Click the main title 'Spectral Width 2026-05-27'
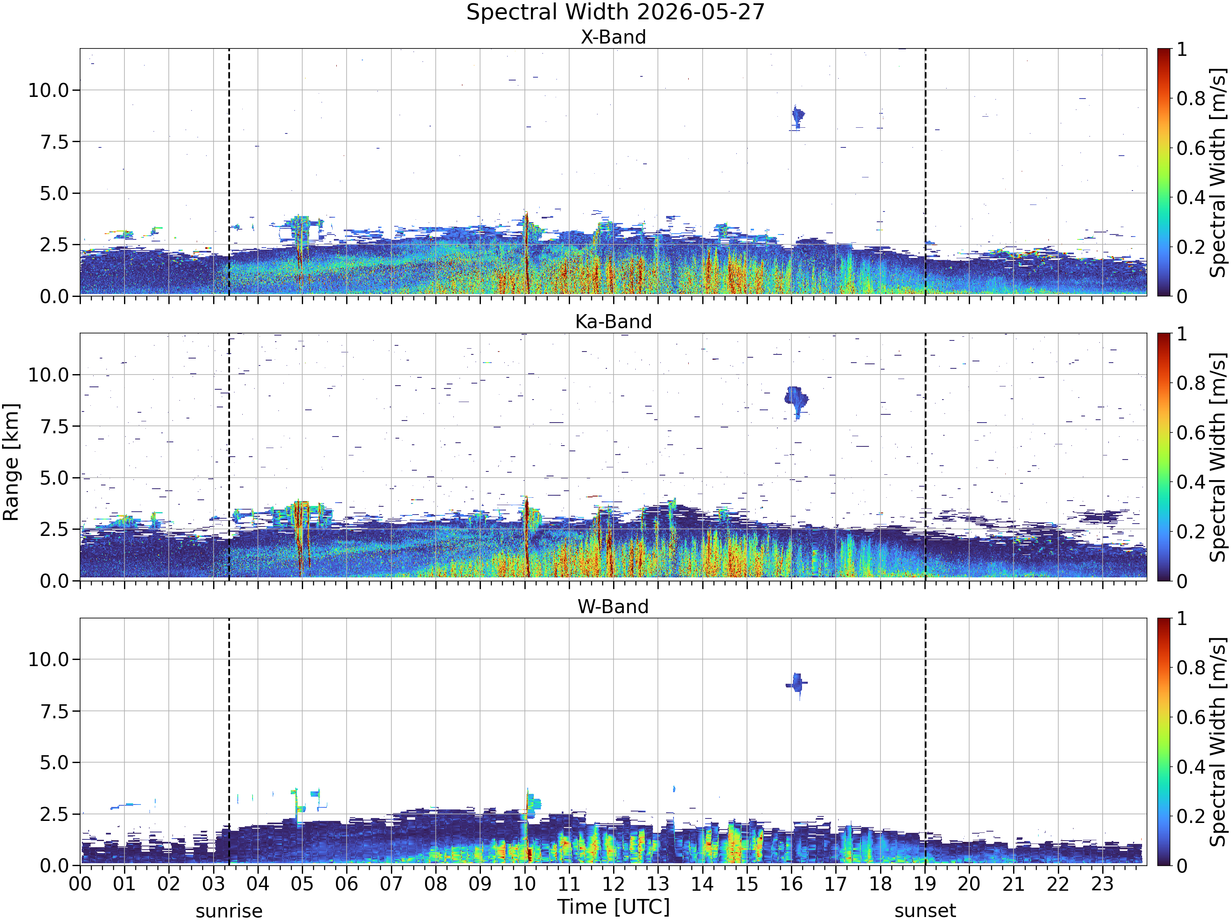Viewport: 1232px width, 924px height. pyautogui.click(x=616, y=12)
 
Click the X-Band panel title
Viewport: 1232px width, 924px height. pyautogui.click(x=613, y=37)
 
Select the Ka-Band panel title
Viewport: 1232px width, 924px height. pyautogui.click(x=613, y=322)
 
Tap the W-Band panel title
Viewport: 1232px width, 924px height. pyautogui.click(x=613, y=607)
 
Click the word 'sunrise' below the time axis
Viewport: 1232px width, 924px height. pyautogui.click(x=229, y=911)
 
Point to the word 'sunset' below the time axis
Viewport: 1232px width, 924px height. pyautogui.click(x=925, y=911)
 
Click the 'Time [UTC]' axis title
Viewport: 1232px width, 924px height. pyautogui.click(x=613, y=907)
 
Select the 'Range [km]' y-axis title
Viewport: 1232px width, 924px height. pyautogui.click(x=11, y=462)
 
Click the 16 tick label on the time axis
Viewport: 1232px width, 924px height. pyautogui.click(x=791, y=884)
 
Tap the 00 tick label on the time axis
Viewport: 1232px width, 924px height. pyautogui.click(x=80, y=884)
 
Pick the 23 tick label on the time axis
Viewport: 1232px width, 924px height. pyautogui.click(x=1102, y=884)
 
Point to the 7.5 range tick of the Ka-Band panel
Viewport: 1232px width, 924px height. pyautogui.click(x=55, y=427)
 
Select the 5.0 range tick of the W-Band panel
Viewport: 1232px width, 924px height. pyautogui.click(x=55, y=763)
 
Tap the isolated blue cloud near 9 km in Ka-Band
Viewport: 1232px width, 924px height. pyautogui.click(x=796, y=400)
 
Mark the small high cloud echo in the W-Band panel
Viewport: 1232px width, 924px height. pyautogui.click(x=797, y=683)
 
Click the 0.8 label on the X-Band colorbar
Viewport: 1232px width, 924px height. pyautogui.click(x=1191, y=99)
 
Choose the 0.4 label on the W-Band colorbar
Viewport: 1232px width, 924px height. pyautogui.click(x=1191, y=767)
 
